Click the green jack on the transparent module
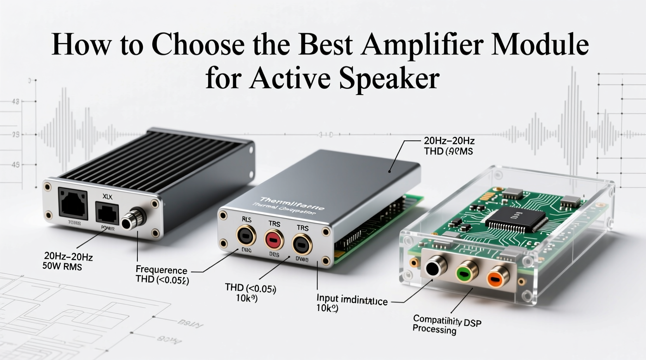tap(463, 274)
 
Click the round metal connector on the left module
tap(132, 220)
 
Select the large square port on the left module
tap(73, 203)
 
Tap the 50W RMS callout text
tap(62, 267)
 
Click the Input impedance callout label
tap(352, 299)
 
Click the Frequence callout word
tap(161, 270)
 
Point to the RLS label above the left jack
tap(247, 220)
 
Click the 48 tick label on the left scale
tap(16, 102)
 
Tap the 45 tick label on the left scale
tap(16, 165)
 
